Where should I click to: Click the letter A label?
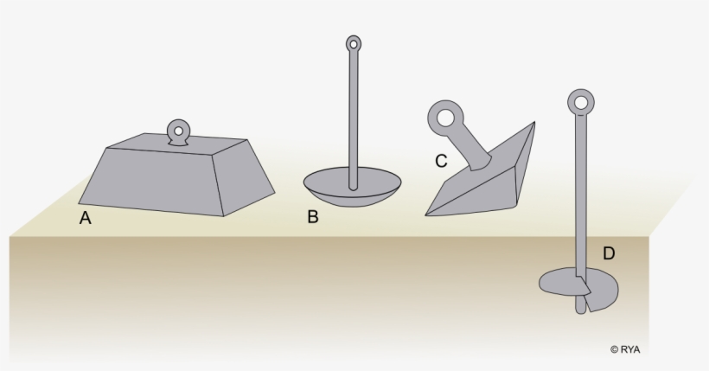[x=85, y=219]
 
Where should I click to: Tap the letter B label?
[x=313, y=217]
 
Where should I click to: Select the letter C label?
[x=441, y=161]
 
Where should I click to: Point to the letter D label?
[x=609, y=253]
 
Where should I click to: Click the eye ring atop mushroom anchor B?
[x=353, y=43]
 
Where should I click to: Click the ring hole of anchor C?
[x=447, y=115]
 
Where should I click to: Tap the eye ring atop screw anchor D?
[x=579, y=101]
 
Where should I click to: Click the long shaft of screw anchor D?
[x=579, y=190]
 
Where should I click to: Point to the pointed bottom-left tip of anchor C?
[x=430, y=212]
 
